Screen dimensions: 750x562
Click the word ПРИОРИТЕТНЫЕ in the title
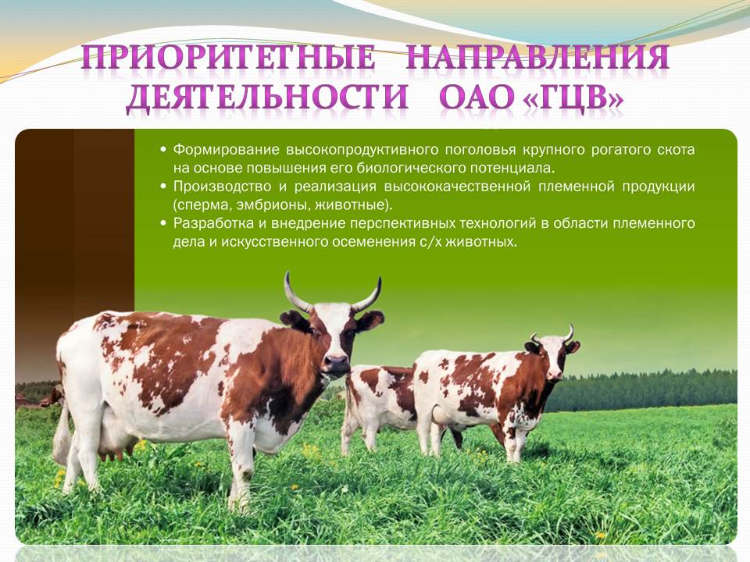click(229, 59)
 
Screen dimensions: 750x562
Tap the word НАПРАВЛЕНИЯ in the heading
click(538, 57)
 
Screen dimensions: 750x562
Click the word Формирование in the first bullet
click(225, 150)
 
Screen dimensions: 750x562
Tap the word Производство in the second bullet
click(224, 187)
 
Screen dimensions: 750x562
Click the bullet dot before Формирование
click(163, 150)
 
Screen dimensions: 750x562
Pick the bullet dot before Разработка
click(163, 223)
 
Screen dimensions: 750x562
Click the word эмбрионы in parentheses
click(265, 205)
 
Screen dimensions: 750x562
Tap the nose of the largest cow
click(337, 363)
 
